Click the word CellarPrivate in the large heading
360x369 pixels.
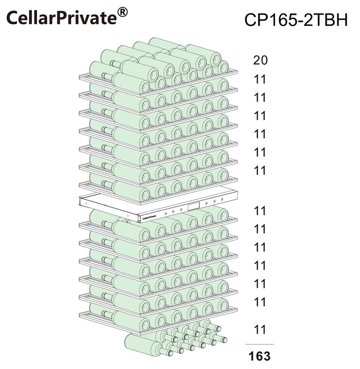pos(62,17)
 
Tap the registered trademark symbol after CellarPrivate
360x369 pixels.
pos(122,12)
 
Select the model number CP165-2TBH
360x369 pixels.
pos(296,20)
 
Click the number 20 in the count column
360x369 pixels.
pos(260,60)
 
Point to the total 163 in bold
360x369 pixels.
pos(260,356)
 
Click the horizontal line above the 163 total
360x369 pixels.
pos(259,344)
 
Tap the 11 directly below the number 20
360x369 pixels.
pos(260,79)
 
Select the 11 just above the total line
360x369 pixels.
pos(260,329)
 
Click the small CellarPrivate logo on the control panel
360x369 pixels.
pos(149,217)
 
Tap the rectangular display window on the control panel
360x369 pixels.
pos(193,207)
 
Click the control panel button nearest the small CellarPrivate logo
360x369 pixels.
pos(166,213)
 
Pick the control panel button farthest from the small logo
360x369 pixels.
pos(222,199)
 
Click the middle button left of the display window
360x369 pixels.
pos(173,211)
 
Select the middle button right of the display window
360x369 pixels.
pos(215,201)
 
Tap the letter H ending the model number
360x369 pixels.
pos(342,20)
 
